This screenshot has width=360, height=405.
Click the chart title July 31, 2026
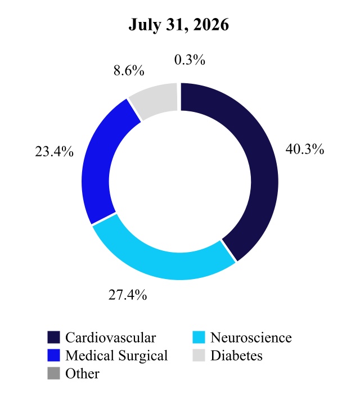[x=179, y=25]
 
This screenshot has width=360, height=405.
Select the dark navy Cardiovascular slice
[x=263, y=168]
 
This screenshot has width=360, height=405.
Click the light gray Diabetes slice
[x=155, y=100]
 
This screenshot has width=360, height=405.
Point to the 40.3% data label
[x=305, y=149]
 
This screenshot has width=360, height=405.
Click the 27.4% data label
[x=128, y=295]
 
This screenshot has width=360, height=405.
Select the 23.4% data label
[x=54, y=151]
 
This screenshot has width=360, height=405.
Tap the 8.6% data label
[x=129, y=70]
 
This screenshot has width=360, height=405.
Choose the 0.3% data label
[x=190, y=60]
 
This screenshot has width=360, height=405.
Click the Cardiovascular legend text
[x=110, y=337]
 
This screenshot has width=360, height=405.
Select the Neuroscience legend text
[x=251, y=337]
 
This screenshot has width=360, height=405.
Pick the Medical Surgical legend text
[x=116, y=355]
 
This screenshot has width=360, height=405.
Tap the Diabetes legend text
[x=237, y=355]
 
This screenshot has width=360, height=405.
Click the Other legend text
[x=82, y=373]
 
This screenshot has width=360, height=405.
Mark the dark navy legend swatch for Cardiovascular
[x=53, y=337]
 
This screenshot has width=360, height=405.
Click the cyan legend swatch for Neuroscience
[x=199, y=337]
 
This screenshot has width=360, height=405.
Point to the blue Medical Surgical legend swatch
[x=53, y=355]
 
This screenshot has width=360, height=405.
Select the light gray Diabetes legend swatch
[x=199, y=355]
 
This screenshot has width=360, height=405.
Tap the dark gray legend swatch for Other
[x=53, y=373]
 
